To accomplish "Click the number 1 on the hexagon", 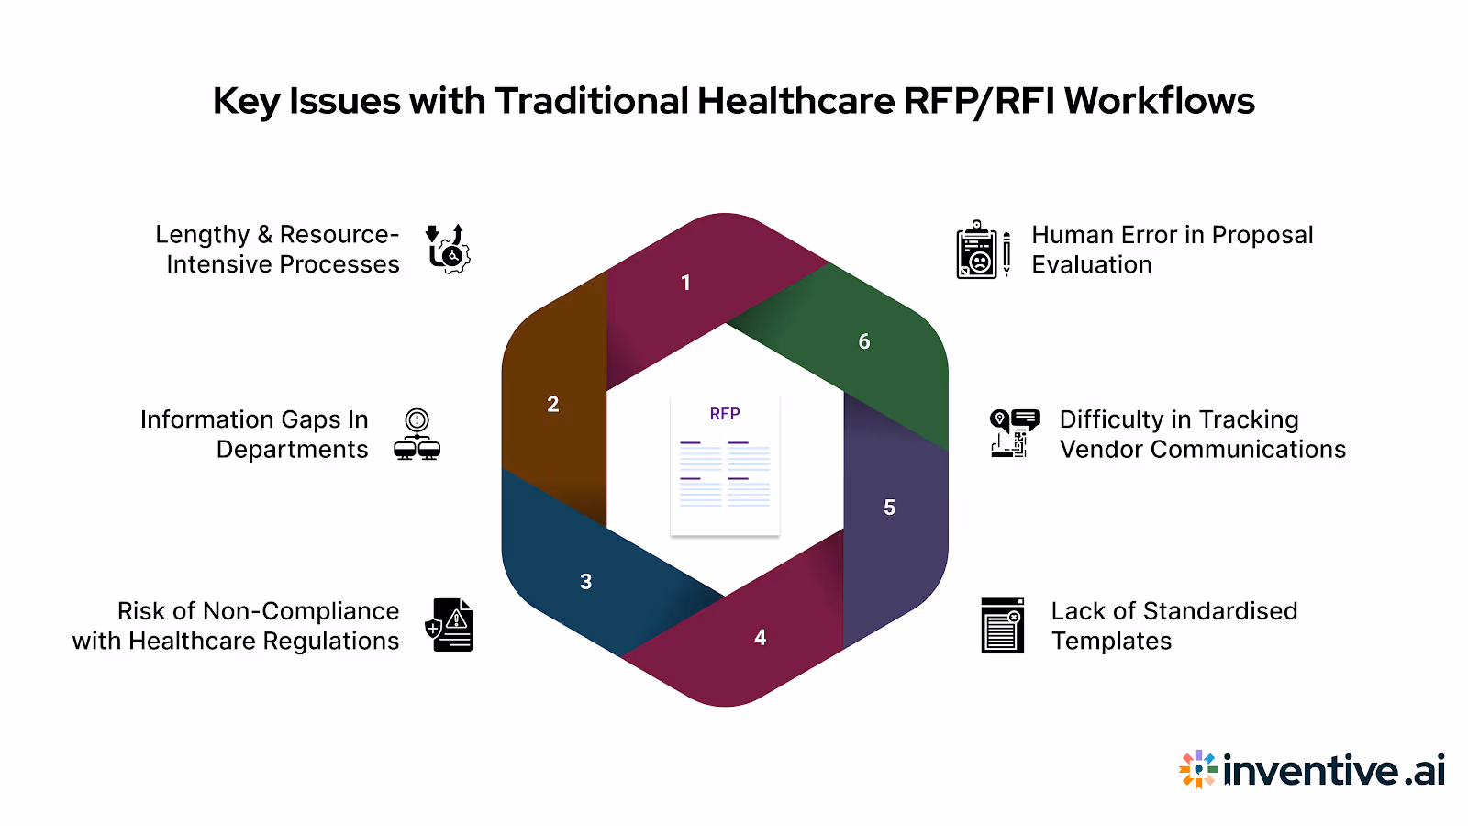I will pyautogui.click(x=685, y=283).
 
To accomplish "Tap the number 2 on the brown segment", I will pyautogui.click(x=553, y=405).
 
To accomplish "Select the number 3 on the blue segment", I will pyautogui.click(x=586, y=582).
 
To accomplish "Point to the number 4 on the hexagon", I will pyautogui.click(x=761, y=638).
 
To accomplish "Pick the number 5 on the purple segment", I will pyautogui.click(x=889, y=508).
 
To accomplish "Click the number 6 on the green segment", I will pyautogui.click(x=864, y=342).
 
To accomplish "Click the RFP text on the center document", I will pyautogui.click(x=725, y=414).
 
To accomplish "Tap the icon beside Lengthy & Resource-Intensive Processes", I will pyautogui.click(x=448, y=249).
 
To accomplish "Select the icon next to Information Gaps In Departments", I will pyautogui.click(x=417, y=434).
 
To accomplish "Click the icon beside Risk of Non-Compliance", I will pyautogui.click(x=450, y=625).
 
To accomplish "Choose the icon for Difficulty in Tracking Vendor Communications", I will pyautogui.click(x=1014, y=433).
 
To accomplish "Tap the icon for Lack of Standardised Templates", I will pyautogui.click(x=1002, y=625).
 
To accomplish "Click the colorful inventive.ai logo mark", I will pyautogui.click(x=1198, y=769).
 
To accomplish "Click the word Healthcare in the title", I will pyautogui.click(x=795, y=101).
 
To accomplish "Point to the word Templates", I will pyautogui.click(x=1111, y=641).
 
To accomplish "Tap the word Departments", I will pyautogui.click(x=292, y=450).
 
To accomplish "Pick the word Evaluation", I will pyautogui.click(x=1091, y=265).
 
